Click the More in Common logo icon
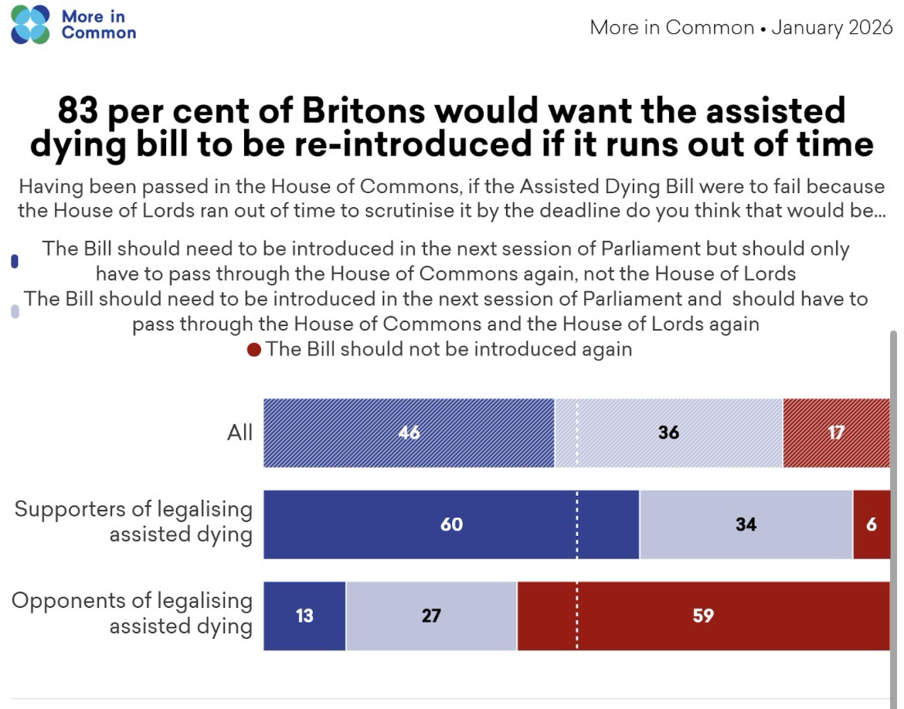29,24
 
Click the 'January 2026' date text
832,29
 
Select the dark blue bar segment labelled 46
409,433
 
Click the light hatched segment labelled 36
668,433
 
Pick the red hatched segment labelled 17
836,433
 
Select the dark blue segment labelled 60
451,524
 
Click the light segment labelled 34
746,524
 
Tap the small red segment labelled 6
872,524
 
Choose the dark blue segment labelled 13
304,616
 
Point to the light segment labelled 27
431,616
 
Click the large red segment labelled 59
703,616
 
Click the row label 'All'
240,433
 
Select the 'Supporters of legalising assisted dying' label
134,522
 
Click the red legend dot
254,350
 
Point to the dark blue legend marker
14,262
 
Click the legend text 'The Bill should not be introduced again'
449,349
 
